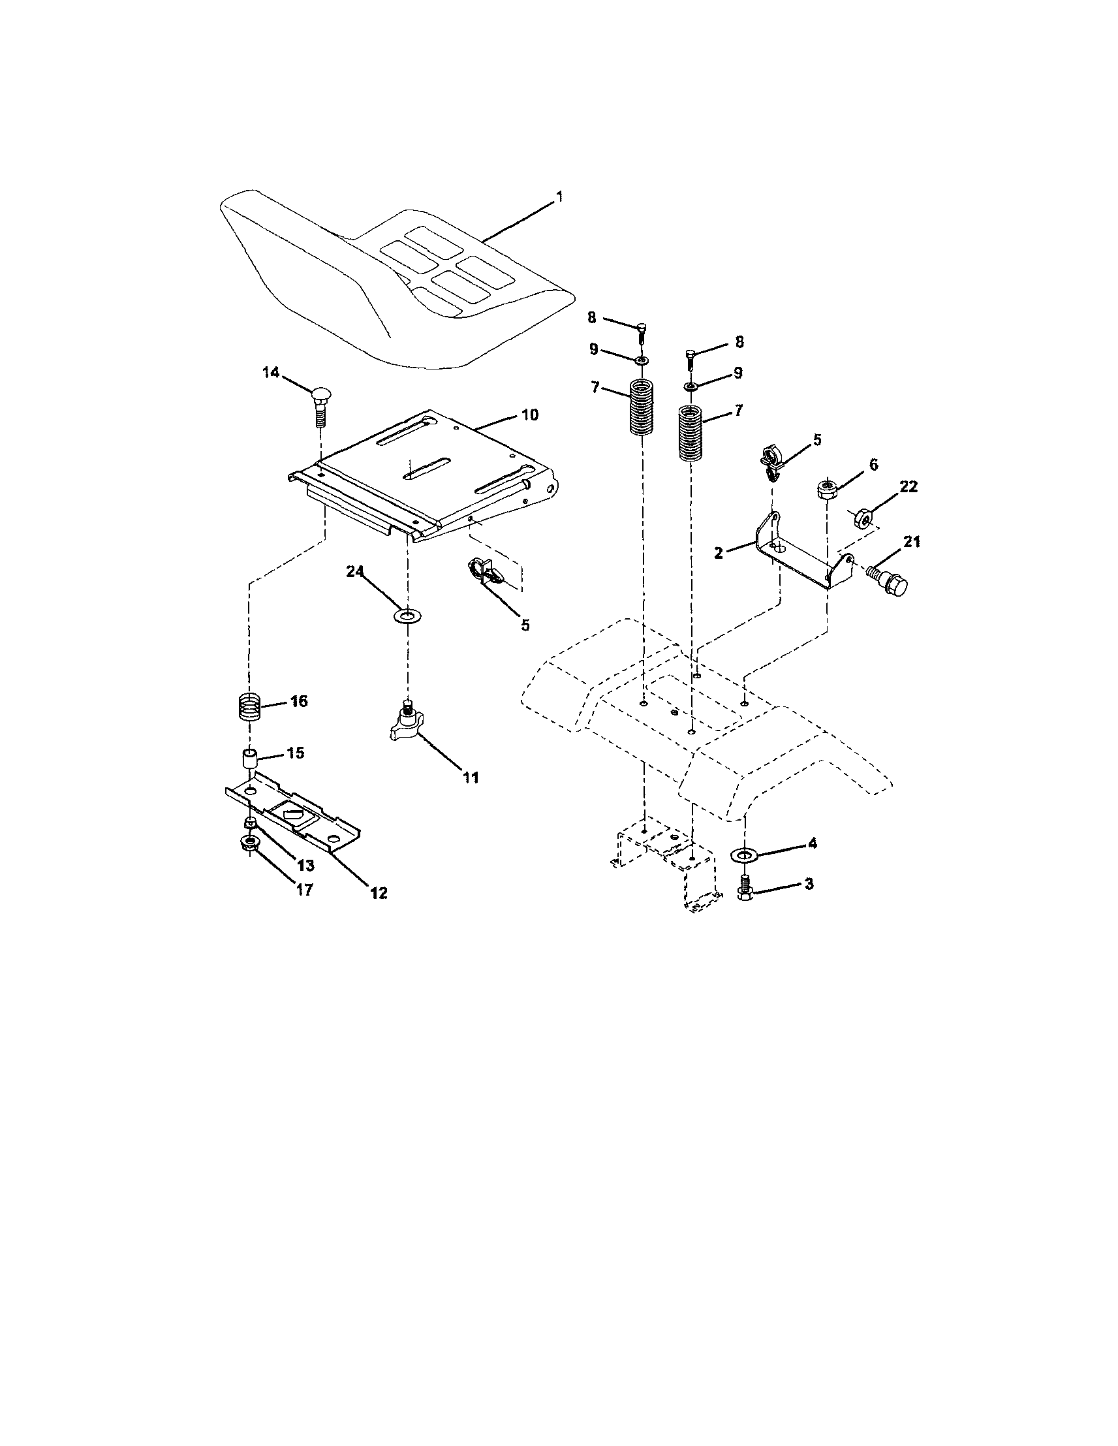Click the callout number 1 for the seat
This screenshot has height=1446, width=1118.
(559, 196)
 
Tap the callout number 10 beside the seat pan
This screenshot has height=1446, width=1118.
(529, 415)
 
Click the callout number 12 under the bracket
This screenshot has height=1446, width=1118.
(378, 892)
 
